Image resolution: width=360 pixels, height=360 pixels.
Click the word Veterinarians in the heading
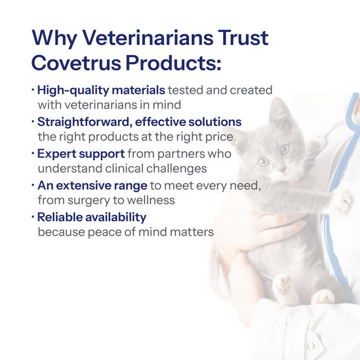coord(148,38)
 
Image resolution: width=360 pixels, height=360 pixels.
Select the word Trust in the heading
coord(243,38)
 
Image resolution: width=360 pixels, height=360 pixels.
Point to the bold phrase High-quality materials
coord(101,90)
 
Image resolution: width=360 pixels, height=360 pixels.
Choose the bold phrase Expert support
coord(81,154)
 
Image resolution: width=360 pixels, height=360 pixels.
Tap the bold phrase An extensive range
coord(92,185)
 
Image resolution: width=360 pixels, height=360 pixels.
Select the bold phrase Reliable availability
coord(92,217)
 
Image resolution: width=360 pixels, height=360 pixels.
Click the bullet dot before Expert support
coord(33,152)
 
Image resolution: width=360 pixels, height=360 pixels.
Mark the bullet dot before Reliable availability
coord(33,216)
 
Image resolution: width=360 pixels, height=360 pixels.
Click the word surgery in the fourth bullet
coord(89,200)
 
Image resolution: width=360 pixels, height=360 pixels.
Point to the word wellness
coord(151,200)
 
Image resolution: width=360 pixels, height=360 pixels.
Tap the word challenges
coord(177,169)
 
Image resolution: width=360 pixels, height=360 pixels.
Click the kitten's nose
coord(282,170)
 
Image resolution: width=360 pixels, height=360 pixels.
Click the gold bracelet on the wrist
coord(231,252)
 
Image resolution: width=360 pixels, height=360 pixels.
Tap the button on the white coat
coord(311,346)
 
